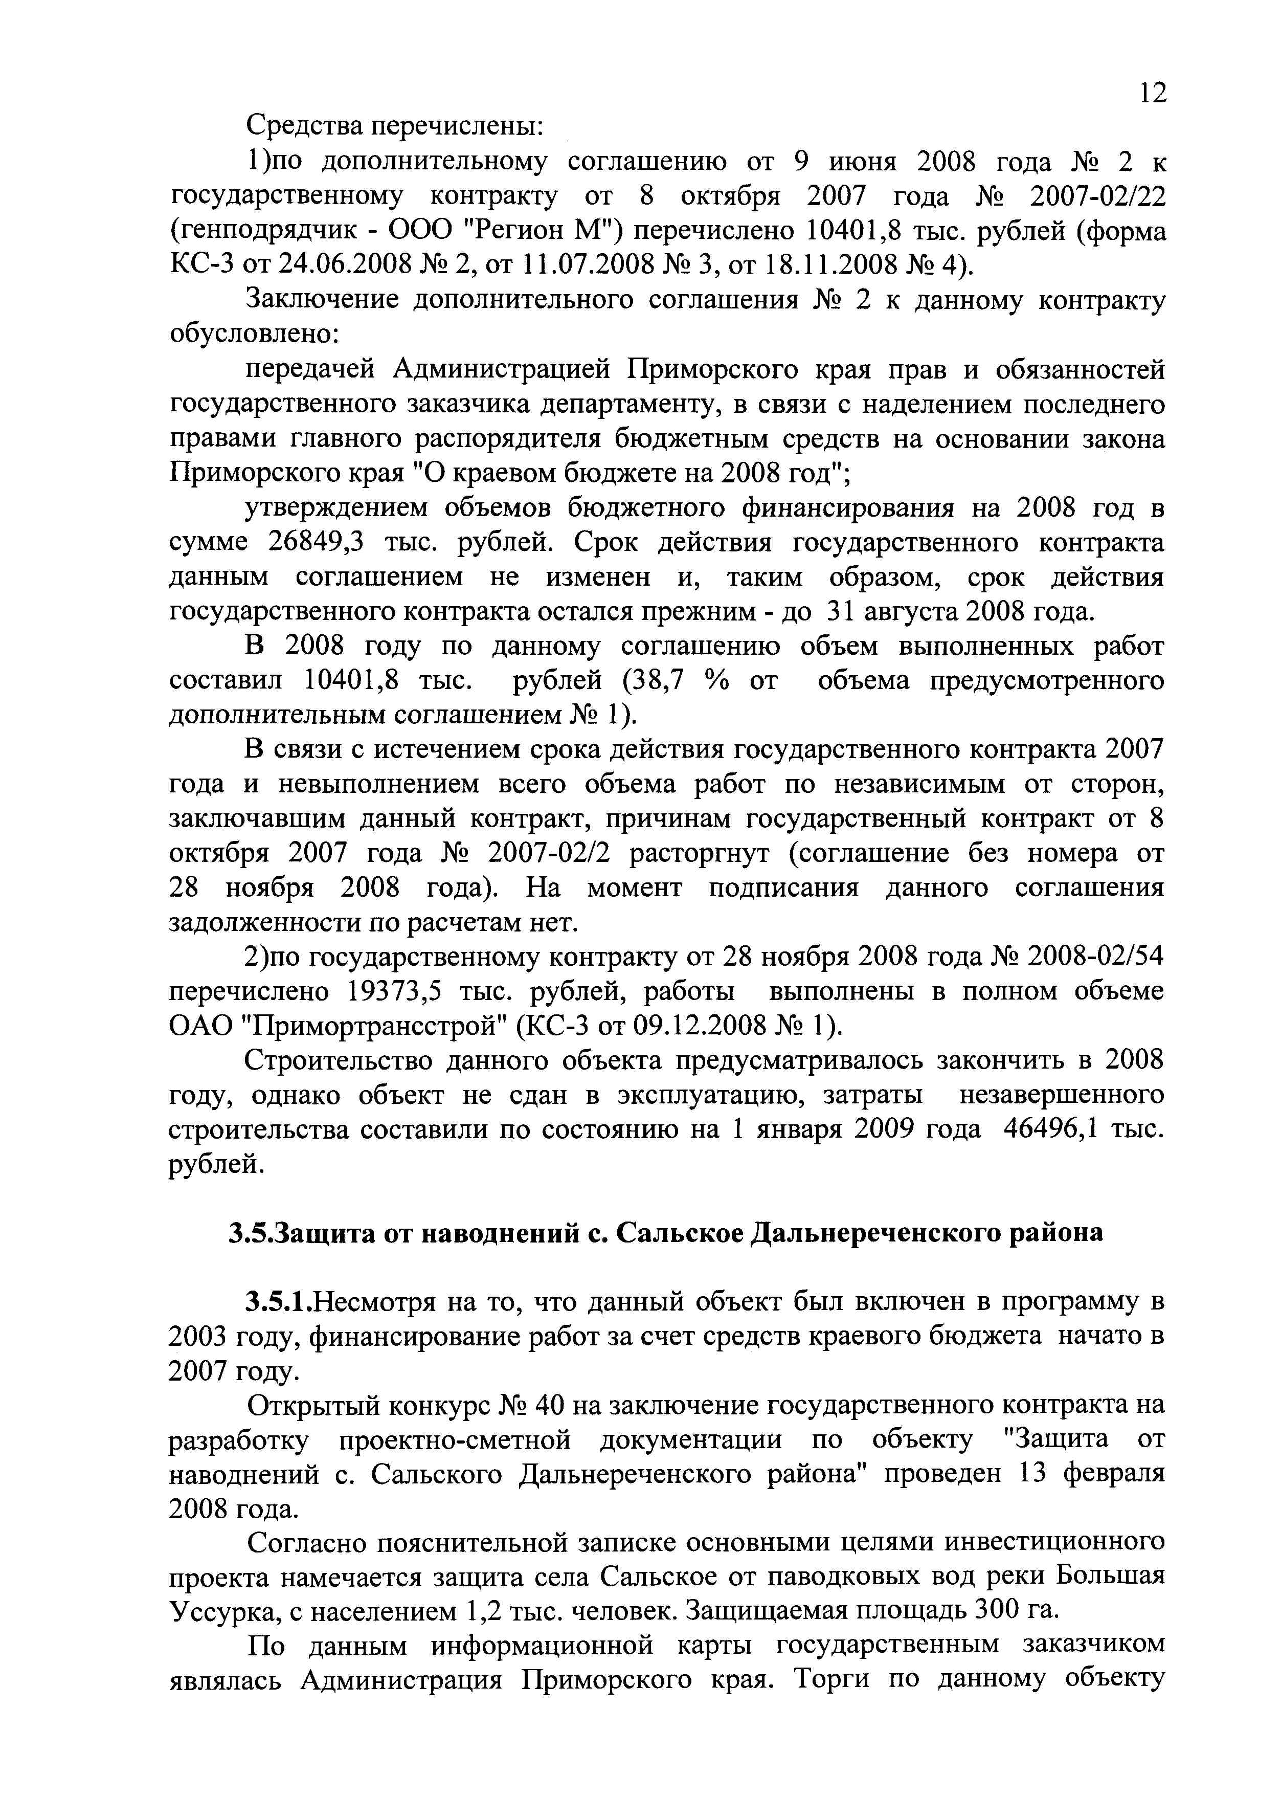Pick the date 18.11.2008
pos(832,265)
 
